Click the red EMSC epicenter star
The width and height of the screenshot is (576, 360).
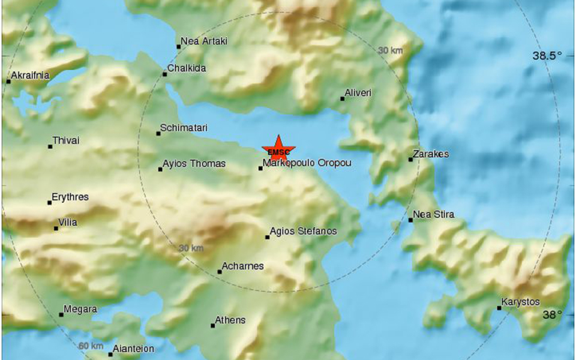(x=278, y=148)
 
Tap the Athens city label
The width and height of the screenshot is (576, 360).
(x=231, y=320)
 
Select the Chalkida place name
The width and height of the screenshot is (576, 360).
(x=187, y=68)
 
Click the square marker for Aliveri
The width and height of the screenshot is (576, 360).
(x=343, y=98)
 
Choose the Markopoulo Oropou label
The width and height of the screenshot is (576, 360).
(x=307, y=163)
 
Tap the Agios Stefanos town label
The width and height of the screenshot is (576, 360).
(x=304, y=232)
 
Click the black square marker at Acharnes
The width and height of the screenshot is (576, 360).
(x=220, y=272)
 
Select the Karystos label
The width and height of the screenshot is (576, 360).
(x=521, y=302)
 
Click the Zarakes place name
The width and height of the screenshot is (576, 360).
(x=432, y=154)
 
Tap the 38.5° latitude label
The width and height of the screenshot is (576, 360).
(x=547, y=56)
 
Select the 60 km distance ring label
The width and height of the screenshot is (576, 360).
(x=90, y=346)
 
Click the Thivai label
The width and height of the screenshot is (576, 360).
(x=66, y=141)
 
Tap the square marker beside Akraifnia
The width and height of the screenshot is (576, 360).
(x=8, y=81)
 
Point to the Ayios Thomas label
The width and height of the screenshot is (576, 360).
(x=195, y=164)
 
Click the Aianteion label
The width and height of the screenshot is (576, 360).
(x=134, y=349)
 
